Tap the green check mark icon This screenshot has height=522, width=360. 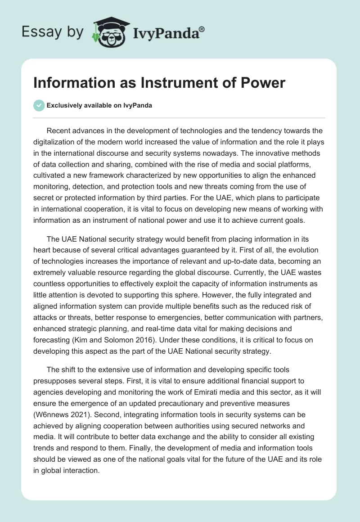[x=39, y=105]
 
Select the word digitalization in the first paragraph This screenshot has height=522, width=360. [x=57, y=142]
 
